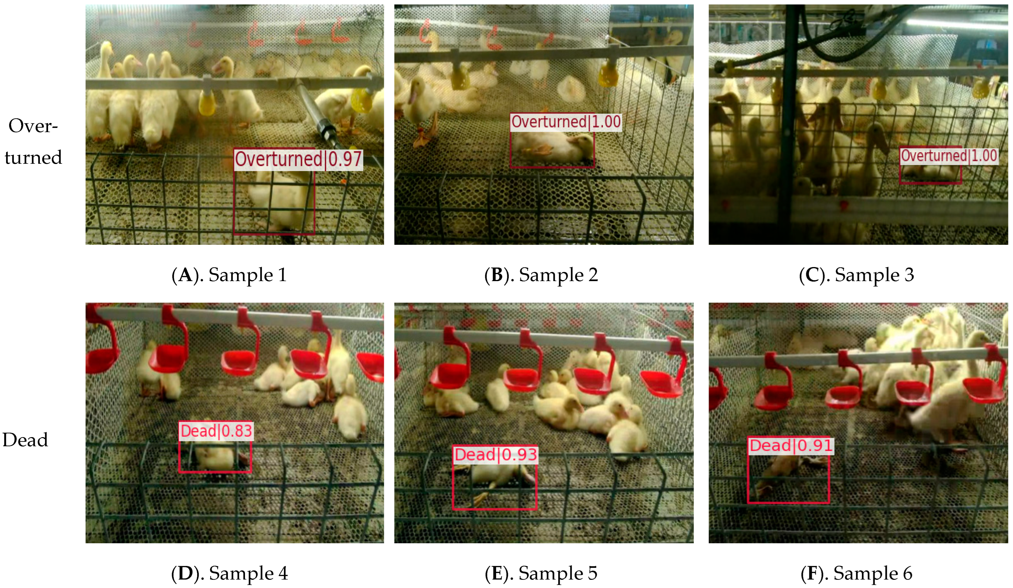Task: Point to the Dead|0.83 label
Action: (x=216, y=431)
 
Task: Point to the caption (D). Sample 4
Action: (x=229, y=573)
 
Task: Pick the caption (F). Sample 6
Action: (x=857, y=573)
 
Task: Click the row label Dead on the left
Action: (x=25, y=440)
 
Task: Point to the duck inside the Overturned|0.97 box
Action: (x=277, y=201)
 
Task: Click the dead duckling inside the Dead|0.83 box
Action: (x=217, y=458)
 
